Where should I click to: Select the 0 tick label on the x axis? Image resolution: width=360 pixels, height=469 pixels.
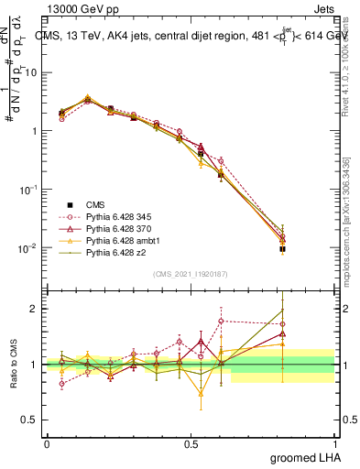tap(47, 443)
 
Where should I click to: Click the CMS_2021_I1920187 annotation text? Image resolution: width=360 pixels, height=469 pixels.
tap(191, 274)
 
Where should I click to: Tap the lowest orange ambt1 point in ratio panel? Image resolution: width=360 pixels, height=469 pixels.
tap(201, 394)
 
